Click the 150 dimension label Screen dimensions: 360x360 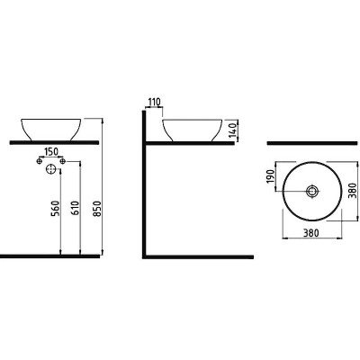point(50,152)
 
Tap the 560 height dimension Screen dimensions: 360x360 point(57,209)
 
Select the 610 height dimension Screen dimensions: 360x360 point(76,209)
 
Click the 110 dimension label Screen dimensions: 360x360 point(155,103)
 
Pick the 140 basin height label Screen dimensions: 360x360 point(232,131)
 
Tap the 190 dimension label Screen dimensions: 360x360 point(270,176)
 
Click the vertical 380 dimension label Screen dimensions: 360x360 point(353,191)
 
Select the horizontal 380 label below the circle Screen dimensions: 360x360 point(311,232)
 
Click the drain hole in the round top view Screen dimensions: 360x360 point(312,191)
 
